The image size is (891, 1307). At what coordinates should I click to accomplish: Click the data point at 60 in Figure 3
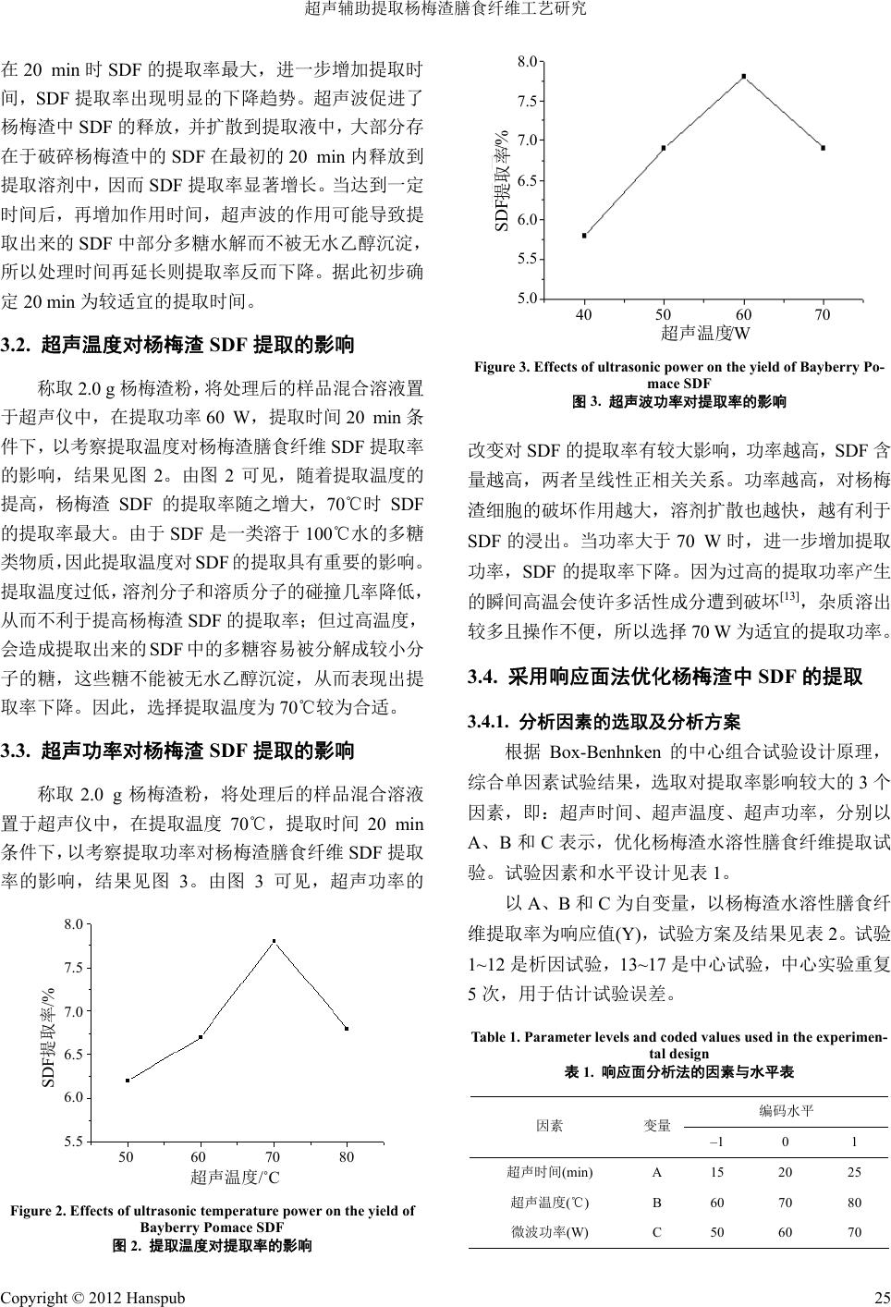click(x=743, y=77)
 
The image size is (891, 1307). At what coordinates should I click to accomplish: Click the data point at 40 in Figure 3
click(x=584, y=236)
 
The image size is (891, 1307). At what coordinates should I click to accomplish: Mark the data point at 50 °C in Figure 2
click(x=128, y=1081)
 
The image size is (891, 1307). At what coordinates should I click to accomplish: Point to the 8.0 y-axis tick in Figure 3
click(x=528, y=61)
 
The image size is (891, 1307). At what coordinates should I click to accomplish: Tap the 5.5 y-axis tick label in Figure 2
click(x=73, y=1142)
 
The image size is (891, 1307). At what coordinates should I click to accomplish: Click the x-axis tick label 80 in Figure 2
click(x=346, y=1157)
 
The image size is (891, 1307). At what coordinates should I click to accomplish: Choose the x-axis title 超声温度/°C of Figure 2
click(x=235, y=1177)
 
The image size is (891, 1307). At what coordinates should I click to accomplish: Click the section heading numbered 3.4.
click(x=665, y=678)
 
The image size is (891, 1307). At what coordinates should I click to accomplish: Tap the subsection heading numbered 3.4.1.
click(x=604, y=721)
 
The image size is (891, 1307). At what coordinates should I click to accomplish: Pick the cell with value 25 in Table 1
click(x=854, y=1172)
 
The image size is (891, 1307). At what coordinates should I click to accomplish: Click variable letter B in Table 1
click(x=657, y=1203)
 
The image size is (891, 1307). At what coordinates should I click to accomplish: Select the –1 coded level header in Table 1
click(x=716, y=1142)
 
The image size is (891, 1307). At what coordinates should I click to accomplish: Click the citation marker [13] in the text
click(x=789, y=622)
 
